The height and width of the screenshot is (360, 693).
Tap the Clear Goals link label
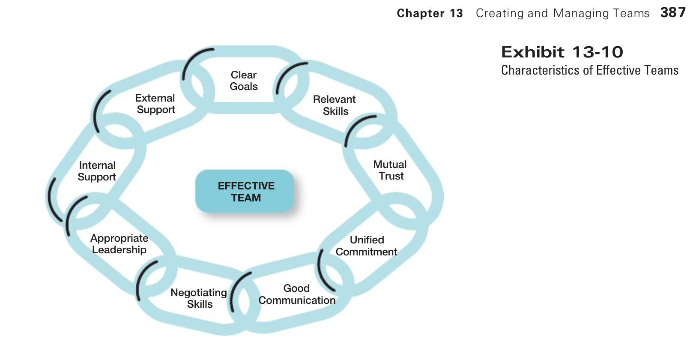(x=244, y=81)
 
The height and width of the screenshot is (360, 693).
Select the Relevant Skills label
(x=335, y=105)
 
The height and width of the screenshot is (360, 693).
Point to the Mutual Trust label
(x=390, y=170)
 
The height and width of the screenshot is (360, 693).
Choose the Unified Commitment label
(x=367, y=246)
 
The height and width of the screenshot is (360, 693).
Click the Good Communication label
(x=297, y=294)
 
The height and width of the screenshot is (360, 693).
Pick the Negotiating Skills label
(x=199, y=298)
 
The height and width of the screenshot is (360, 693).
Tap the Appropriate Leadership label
(x=119, y=244)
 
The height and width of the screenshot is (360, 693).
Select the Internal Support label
(x=97, y=171)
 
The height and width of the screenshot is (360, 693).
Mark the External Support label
(x=155, y=104)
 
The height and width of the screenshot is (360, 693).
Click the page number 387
(x=673, y=12)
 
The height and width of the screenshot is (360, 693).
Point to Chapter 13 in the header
(x=430, y=13)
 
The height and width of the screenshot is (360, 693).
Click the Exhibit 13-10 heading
(x=562, y=52)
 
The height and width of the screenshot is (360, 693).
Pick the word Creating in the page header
(x=500, y=13)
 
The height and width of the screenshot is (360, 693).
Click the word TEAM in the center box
(x=246, y=198)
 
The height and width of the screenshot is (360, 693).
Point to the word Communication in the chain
(x=297, y=300)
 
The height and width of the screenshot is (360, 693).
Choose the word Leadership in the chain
(x=119, y=250)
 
